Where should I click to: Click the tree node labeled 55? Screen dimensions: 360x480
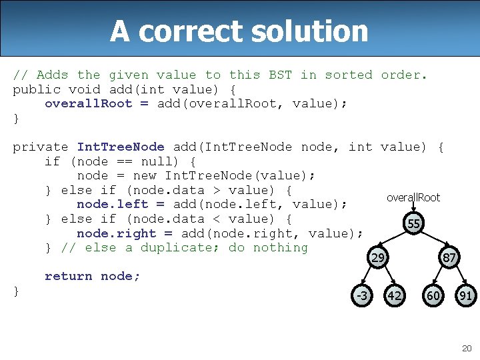click(x=413, y=224)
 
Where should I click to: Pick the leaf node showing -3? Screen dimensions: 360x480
click(x=362, y=295)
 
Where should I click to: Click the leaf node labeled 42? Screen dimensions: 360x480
click(x=395, y=295)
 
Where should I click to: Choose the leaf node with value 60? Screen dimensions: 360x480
click(x=433, y=295)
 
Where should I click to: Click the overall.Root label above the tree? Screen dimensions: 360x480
click(x=413, y=197)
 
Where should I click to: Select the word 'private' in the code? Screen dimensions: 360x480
click(x=41, y=147)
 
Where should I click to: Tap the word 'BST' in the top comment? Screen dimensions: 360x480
click(x=280, y=75)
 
